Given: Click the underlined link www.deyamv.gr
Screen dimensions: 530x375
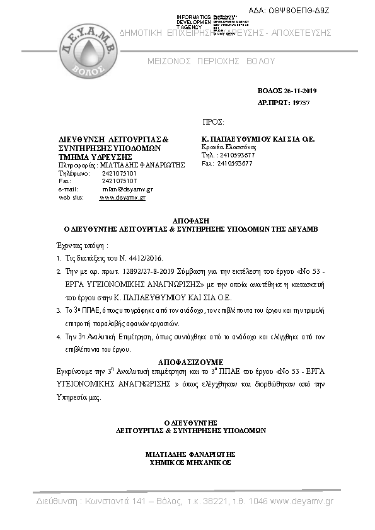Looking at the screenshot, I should [123, 197].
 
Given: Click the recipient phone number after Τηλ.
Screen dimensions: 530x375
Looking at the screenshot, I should [237, 154].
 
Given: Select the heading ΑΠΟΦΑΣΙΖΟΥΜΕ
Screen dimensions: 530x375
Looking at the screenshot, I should [187, 363].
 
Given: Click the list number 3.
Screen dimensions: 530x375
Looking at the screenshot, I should [59, 310].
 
